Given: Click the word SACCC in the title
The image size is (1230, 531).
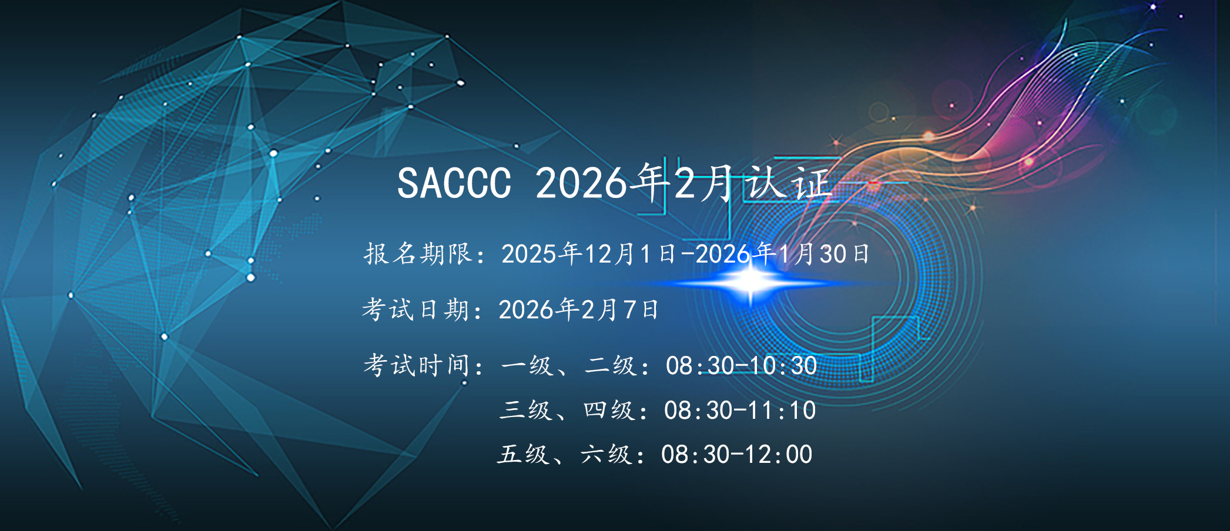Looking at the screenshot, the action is tap(454, 183).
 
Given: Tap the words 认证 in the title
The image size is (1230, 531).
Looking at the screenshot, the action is tap(787, 182).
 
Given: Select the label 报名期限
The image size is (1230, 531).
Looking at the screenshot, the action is tap(418, 254).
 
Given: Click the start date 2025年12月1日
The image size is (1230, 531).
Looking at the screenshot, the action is tap(588, 254).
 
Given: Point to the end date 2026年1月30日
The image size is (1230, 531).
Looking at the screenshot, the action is tap(782, 254).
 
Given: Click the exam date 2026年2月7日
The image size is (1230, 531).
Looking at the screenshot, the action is tap(578, 310).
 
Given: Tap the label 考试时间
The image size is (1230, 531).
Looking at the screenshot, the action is tap(417, 365).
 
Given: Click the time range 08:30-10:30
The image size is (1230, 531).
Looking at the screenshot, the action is tap(741, 365).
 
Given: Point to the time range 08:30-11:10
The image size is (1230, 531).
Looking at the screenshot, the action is tap(740, 410).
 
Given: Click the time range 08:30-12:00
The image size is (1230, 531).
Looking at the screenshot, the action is tap(737, 454).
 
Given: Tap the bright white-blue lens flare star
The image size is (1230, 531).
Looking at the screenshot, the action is tap(750, 283).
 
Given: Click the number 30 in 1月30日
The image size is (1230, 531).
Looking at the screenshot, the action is tap(833, 254).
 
